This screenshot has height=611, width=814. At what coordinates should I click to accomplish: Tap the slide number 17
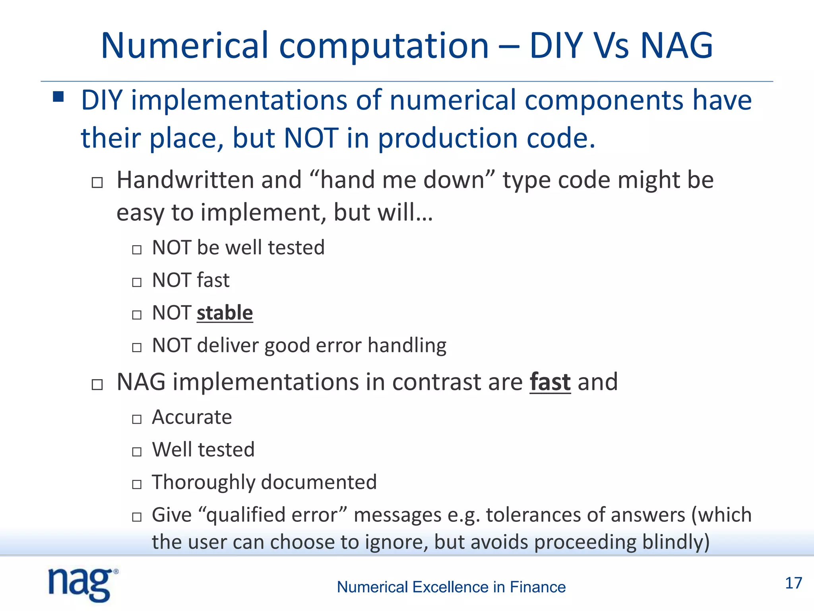(x=793, y=583)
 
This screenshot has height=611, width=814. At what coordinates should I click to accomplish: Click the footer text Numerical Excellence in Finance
(x=451, y=587)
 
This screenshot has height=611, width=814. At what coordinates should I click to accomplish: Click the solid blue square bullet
(x=58, y=97)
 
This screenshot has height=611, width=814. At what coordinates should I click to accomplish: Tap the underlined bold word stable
(x=225, y=313)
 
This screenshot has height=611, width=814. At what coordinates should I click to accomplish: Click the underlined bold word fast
(x=550, y=382)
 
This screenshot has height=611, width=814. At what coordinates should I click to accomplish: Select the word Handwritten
(x=185, y=180)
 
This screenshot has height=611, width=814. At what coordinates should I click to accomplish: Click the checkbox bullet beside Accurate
(x=137, y=419)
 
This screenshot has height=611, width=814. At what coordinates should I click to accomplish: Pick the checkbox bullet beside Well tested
(x=137, y=451)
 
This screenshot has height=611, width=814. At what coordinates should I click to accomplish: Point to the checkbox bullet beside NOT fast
(x=137, y=282)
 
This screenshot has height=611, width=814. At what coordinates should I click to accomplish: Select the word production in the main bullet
(x=448, y=138)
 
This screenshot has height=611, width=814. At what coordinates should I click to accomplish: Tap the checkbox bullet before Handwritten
(x=97, y=183)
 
